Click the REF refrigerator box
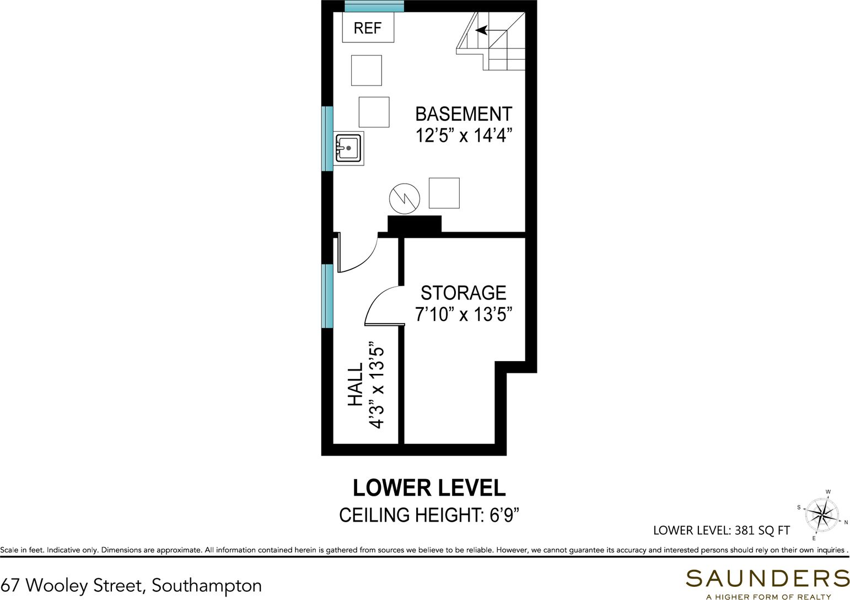point(368,27)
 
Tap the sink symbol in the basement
point(349,148)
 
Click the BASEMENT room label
point(464,114)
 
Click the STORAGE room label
point(464,293)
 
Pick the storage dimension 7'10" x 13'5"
point(464,314)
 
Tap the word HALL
point(356,384)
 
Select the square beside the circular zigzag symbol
point(444,193)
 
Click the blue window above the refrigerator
point(374,6)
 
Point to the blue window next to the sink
point(327,138)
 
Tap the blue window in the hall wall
point(327,296)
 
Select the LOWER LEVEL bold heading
point(429,488)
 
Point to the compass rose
point(821,515)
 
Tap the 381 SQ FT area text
point(762,530)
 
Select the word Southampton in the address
point(207,585)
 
